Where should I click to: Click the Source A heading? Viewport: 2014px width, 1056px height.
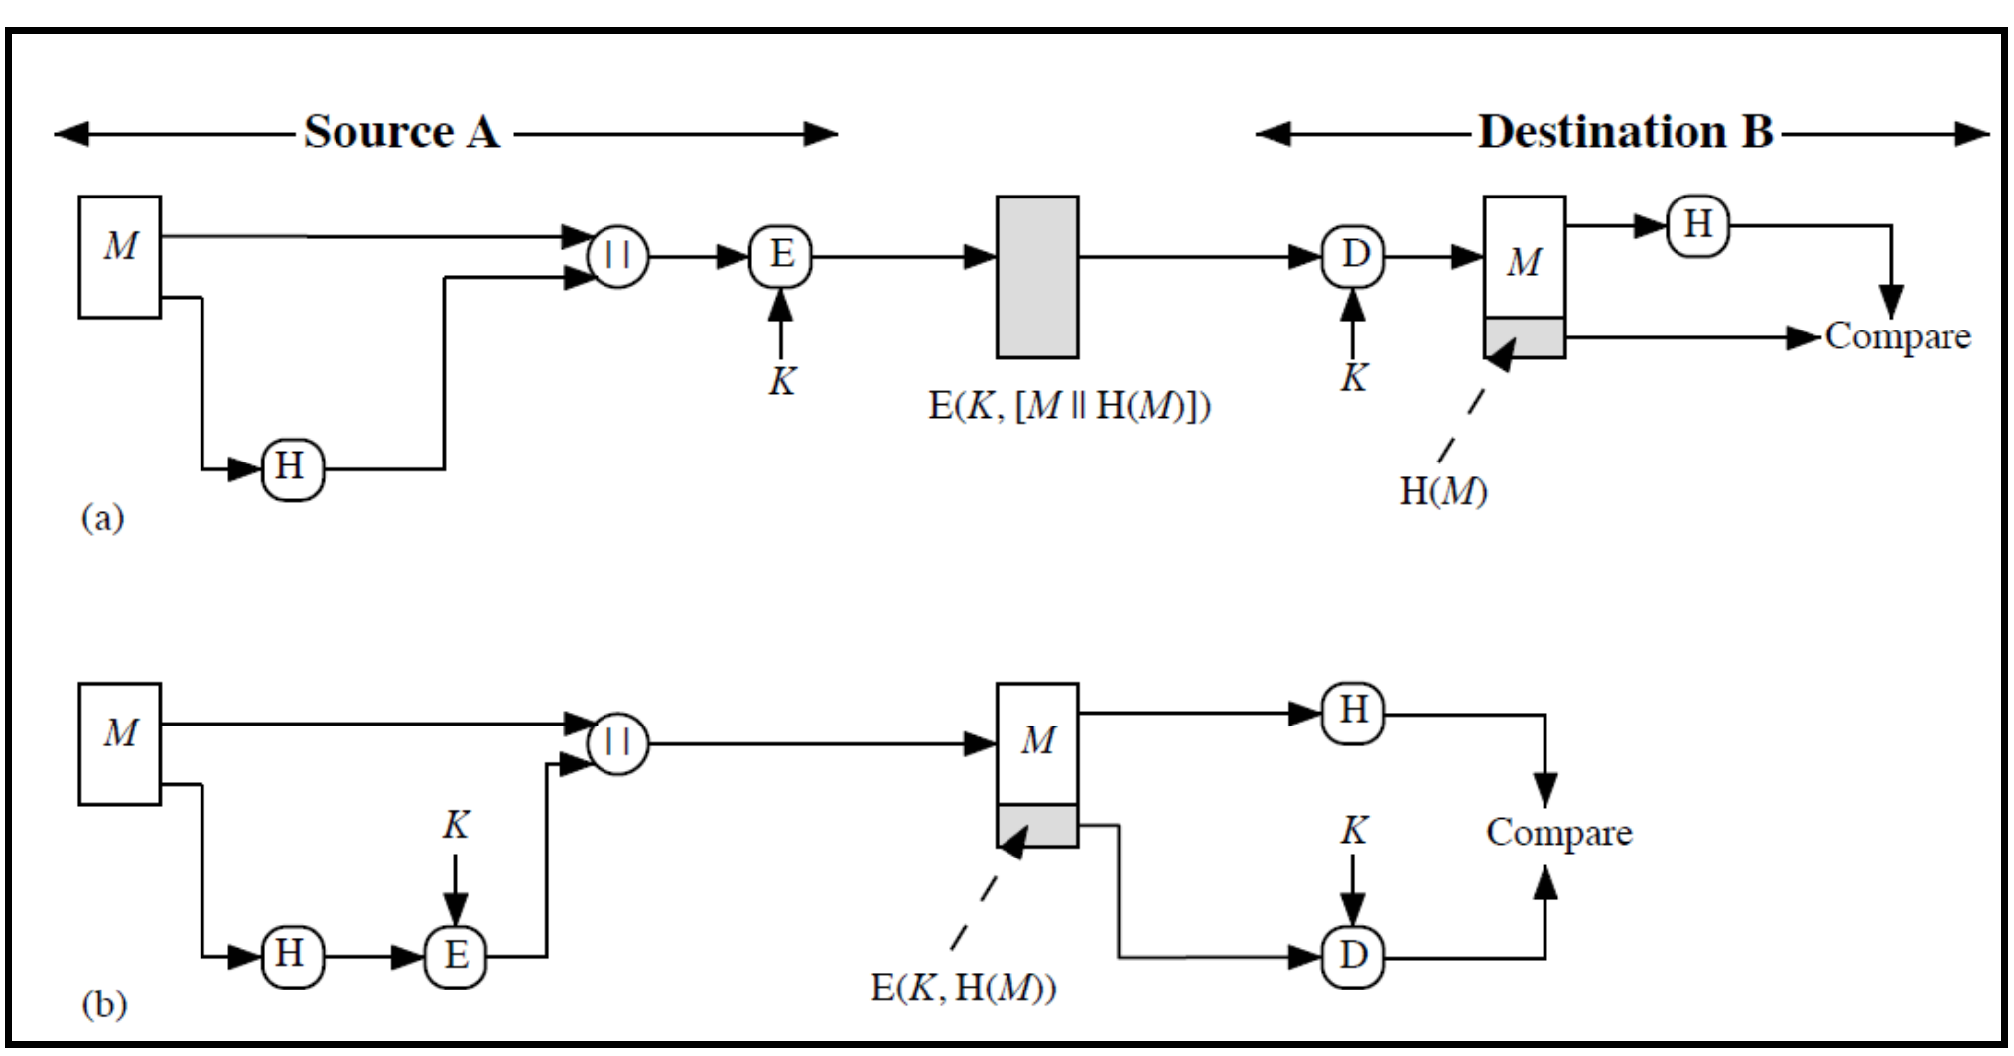402,132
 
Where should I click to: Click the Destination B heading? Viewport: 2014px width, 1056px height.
1625,132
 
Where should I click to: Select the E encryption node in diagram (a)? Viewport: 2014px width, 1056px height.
780,256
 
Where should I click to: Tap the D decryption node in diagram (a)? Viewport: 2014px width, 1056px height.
1353,256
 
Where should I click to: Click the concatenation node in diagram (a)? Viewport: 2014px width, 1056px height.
617,257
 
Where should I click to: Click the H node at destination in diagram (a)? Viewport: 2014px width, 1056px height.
1697,225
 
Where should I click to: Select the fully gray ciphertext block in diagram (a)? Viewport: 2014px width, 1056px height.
1037,277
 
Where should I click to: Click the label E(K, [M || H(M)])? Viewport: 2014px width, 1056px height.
1069,405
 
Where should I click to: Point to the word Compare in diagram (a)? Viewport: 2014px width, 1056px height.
1897,337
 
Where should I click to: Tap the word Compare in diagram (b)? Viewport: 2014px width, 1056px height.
1558,832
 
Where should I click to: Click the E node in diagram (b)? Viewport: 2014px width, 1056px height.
456,956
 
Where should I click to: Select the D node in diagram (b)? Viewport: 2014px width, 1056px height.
1353,956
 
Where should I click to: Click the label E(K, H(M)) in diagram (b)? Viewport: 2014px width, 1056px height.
963,988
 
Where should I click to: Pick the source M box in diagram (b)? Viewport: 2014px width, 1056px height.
120,743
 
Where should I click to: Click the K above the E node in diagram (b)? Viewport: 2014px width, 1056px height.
456,825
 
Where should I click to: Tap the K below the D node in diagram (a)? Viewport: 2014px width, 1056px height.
1354,378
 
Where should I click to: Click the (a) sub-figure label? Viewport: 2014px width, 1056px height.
102,517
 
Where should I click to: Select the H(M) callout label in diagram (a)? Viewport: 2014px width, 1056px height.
1442,491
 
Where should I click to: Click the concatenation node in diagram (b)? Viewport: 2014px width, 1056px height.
617,743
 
